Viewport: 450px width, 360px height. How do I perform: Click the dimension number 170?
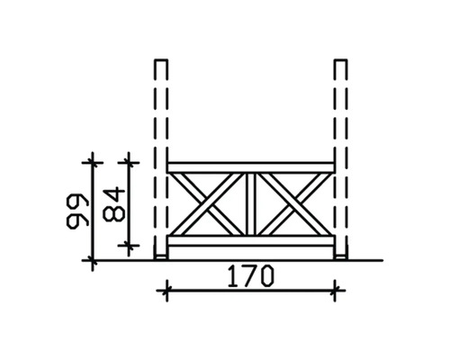click(x=251, y=275)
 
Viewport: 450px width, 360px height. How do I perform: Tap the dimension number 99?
click(x=77, y=211)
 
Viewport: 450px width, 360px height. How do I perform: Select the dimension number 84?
click(x=113, y=204)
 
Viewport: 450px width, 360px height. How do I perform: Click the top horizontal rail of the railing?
click(x=251, y=167)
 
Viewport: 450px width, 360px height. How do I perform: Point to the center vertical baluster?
click(x=251, y=204)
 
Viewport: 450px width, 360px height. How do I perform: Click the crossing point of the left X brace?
click(x=207, y=204)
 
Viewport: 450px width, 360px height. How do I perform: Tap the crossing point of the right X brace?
click(x=294, y=204)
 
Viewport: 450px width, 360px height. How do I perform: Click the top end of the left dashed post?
click(x=161, y=60)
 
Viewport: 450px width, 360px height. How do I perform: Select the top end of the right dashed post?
click(x=341, y=60)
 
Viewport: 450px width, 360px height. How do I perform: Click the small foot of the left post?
click(x=161, y=257)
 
